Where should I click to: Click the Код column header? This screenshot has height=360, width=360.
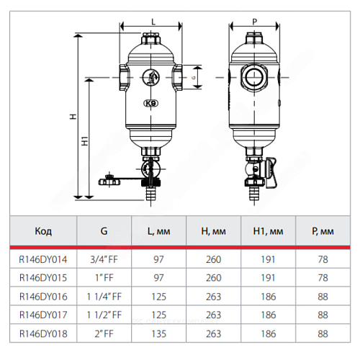(43, 231)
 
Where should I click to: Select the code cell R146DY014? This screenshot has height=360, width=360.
(43, 259)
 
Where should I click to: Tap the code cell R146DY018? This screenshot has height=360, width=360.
(43, 334)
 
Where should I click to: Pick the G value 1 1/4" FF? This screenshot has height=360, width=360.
(104, 297)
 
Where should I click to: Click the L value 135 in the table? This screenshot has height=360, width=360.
(159, 334)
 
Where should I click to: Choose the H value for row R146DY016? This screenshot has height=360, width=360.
(213, 297)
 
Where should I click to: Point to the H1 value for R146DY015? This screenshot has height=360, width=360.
(268, 278)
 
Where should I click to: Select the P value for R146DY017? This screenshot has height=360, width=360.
(323, 315)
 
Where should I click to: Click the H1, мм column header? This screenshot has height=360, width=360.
(268, 231)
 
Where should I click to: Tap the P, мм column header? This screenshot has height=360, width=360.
(323, 231)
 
